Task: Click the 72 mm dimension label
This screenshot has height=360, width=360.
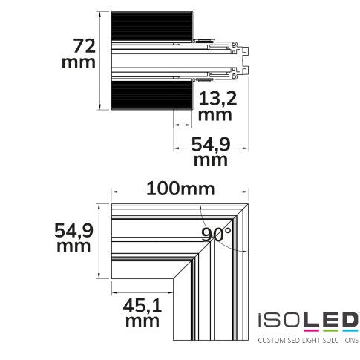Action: pyautogui.click(x=79, y=53)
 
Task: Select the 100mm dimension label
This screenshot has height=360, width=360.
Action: pyautogui.click(x=180, y=189)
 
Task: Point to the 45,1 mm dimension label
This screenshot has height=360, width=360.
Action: pyautogui.click(x=143, y=312)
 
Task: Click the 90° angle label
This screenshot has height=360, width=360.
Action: pyautogui.click(x=216, y=235)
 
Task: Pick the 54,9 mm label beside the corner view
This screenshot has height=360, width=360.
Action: pyautogui.click(x=73, y=238)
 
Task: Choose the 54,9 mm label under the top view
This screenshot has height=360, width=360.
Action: pyautogui.click(x=211, y=151)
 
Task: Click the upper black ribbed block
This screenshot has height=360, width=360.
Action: pyautogui.click(x=152, y=26)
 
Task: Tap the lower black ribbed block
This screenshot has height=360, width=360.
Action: pyautogui.click(x=152, y=95)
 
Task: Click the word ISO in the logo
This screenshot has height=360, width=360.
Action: pyautogui.click(x=280, y=320)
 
